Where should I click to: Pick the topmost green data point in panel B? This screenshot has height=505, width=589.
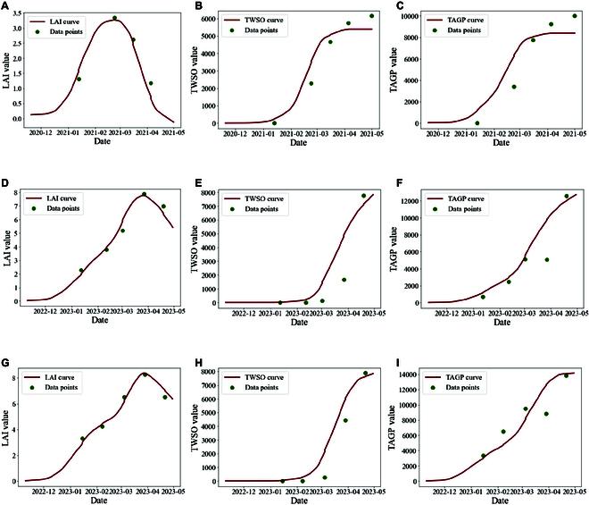point(372,16)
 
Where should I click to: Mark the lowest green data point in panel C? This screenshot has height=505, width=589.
point(477,123)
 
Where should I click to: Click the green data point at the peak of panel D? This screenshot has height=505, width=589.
point(144,194)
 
